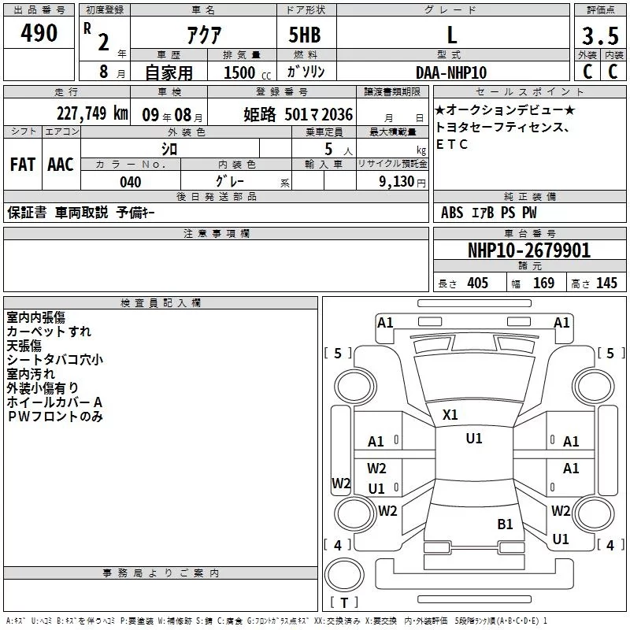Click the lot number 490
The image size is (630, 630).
pos(39,34)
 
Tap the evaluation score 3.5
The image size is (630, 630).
pos(599,36)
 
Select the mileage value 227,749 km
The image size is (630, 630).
pos(93,114)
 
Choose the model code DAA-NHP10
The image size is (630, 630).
pos(451,72)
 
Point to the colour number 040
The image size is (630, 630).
pos(131,182)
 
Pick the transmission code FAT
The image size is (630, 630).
pos(22,165)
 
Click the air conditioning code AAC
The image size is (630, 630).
pos(60,165)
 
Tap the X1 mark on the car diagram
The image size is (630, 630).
pos(450,415)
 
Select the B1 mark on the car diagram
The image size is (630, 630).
pos(505,524)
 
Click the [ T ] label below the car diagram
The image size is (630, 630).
pos(343,603)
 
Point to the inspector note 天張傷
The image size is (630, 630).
pos(24,346)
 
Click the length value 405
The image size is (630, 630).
pos(477,283)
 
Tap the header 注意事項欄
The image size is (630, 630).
pos(216,234)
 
